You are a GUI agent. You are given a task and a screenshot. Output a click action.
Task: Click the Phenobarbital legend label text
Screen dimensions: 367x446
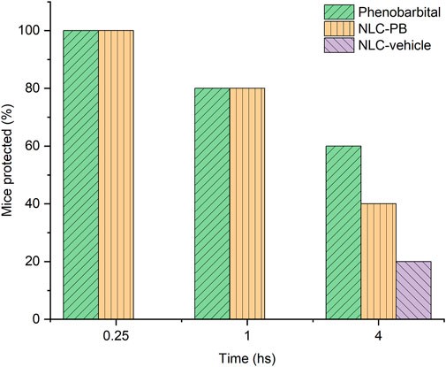tap(398, 12)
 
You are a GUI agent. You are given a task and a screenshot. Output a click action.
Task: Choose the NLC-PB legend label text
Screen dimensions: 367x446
tap(385, 29)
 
